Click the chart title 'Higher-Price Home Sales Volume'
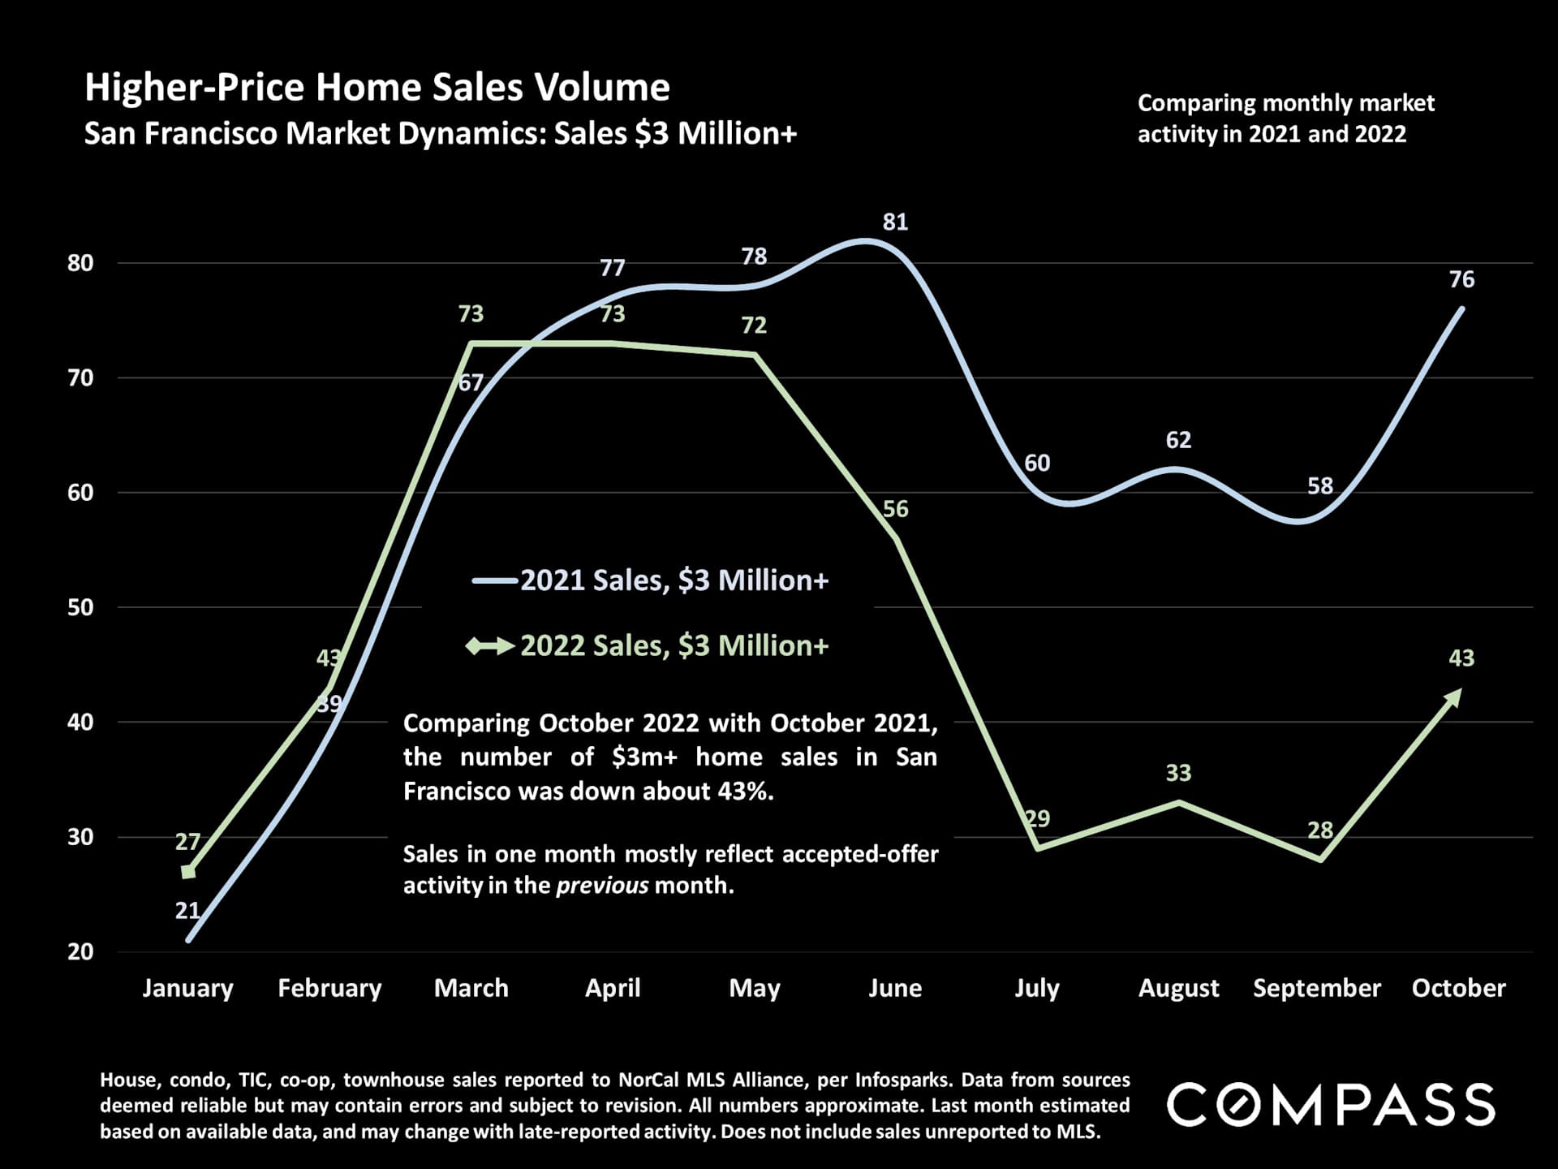(x=377, y=88)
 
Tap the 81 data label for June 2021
(x=895, y=222)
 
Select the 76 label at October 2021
(x=1461, y=279)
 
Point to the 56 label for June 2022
(x=895, y=509)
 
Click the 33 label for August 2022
(x=1178, y=773)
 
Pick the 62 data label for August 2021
(x=1178, y=440)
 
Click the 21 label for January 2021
(x=187, y=911)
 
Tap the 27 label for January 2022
(x=187, y=842)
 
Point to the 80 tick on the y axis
(x=80, y=263)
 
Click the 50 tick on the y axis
(x=80, y=607)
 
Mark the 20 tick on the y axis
(x=80, y=951)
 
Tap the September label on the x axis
(x=1316, y=988)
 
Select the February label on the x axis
(x=329, y=988)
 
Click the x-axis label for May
(x=754, y=988)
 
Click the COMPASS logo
(x=1331, y=1104)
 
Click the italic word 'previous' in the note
(x=601, y=885)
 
